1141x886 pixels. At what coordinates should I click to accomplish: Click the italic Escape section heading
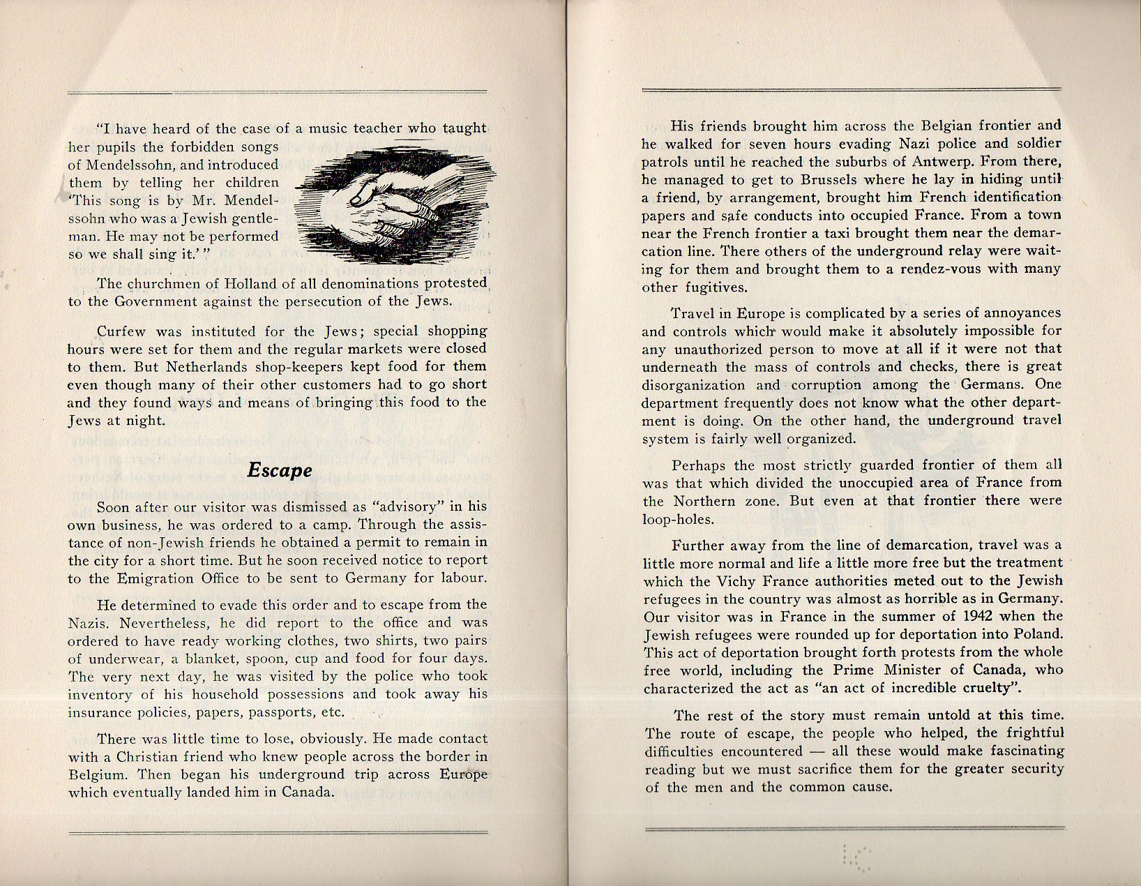click(x=280, y=471)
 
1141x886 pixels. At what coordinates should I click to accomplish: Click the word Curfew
click(x=120, y=331)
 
